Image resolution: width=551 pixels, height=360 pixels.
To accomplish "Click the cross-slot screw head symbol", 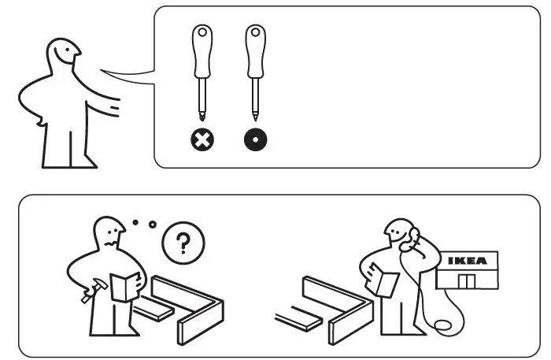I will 202,140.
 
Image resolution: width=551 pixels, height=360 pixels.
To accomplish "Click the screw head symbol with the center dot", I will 255,140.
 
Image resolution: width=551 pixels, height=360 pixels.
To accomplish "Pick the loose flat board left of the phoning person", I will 300,319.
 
